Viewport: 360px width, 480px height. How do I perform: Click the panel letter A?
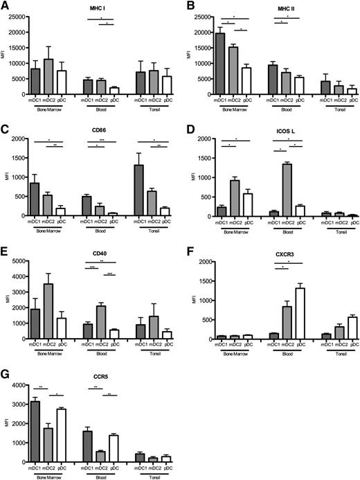[6, 6]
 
